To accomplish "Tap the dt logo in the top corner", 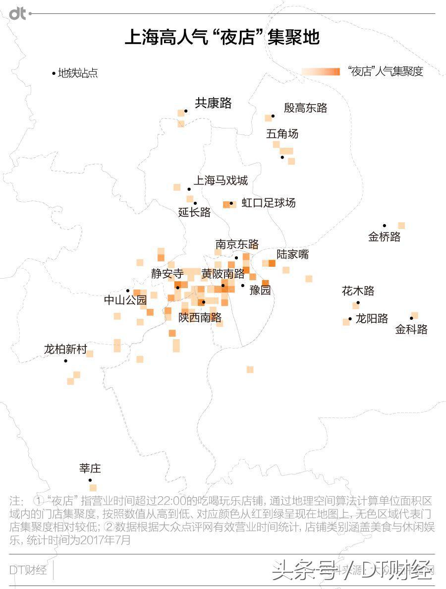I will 18,14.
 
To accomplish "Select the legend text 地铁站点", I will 78,73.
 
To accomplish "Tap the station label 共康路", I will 213,103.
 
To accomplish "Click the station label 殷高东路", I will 305,108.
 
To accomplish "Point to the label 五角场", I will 282,134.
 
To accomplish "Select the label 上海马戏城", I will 220,180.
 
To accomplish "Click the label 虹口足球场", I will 268,203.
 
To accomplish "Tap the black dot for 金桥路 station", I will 384,226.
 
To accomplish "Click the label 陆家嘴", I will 292,254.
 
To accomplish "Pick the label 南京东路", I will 237,244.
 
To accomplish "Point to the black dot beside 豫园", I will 243,285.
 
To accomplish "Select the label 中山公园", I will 125,300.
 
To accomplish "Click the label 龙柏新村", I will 65,349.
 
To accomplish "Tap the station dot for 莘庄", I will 90,480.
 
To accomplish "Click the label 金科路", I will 411,330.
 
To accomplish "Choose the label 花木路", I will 358,291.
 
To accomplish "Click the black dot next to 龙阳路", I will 350,319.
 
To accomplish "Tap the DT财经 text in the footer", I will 28,570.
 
